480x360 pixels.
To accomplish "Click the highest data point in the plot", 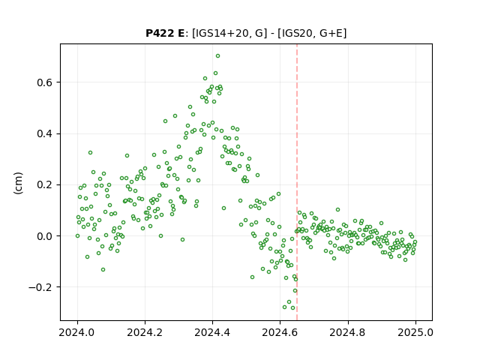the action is (217, 56).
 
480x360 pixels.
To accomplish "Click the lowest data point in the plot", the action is (292, 308).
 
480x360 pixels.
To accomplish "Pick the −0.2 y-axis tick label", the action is (42, 287).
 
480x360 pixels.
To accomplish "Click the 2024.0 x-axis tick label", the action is (77, 332).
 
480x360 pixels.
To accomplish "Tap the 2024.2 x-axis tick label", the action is (145, 332).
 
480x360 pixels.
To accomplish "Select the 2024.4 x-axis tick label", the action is (212, 332).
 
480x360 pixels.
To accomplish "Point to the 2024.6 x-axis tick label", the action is (280, 332).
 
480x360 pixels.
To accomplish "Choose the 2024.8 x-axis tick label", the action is (347, 332).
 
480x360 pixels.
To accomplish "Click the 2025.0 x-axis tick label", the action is (415, 332).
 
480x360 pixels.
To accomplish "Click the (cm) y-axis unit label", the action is (18, 183).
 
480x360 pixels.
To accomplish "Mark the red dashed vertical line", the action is (297, 182).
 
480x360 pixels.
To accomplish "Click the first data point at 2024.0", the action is (77, 236).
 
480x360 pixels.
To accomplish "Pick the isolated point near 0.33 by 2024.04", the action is (90, 153).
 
